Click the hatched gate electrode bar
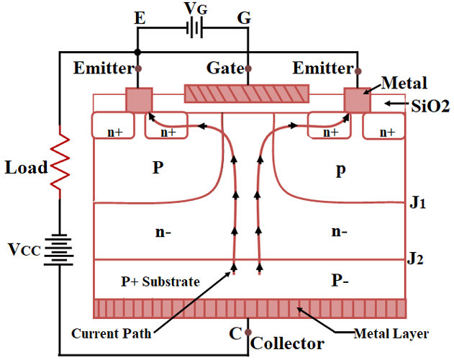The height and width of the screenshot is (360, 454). (247, 94)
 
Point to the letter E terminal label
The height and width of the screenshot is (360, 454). (140, 19)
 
